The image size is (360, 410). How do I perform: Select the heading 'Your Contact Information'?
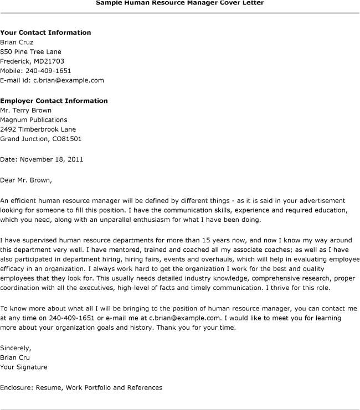(45, 33)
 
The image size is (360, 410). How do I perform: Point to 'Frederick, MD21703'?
(32, 61)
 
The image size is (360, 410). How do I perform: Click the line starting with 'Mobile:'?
(35, 71)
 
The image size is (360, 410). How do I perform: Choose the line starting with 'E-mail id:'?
(52, 80)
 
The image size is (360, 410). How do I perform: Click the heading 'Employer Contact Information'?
(54, 101)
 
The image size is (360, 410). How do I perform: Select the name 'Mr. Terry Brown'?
(26, 110)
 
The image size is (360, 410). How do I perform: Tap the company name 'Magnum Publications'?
(34, 120)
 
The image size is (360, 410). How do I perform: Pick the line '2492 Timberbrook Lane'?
(37, 129)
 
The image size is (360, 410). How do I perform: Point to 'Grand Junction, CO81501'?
(40, 139)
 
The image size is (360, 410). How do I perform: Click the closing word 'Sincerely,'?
(16, 348)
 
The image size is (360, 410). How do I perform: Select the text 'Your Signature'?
(24, 367)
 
